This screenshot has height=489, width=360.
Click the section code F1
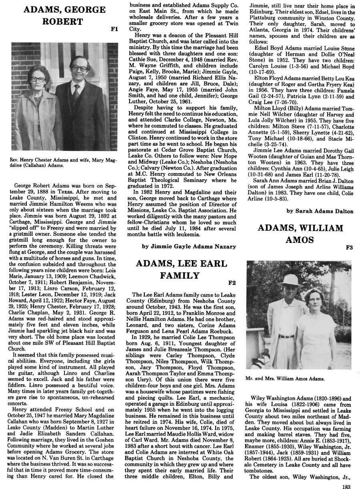114,29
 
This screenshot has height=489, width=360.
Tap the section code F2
232,283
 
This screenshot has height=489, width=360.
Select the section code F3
349,248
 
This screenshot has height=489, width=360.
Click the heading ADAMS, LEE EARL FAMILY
181,269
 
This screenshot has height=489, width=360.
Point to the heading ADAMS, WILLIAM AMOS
300,234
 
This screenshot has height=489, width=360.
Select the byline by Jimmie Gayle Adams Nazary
189,246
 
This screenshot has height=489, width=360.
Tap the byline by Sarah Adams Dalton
320,211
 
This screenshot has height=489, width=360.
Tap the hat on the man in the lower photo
290,280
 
